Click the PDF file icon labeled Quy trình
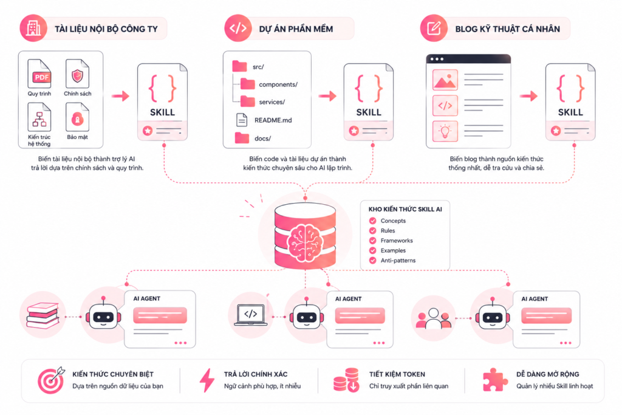pyautogui.click(x=39, y=74)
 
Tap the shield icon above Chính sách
pyautogui.click(x=77, y=75)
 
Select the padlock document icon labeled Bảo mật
pyautogui.click(x=77, y=117)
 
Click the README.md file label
pyautogui.click(x=273, y=120)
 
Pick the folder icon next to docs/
pyautogui.click(x=242, y=138)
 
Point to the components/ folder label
pyautogui.click(x=278, y=84)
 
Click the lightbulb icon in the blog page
pyautogui.click(x=445, y=131)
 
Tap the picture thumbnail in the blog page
pyautogui.click(x=445, y=80)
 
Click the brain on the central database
pyautogui.click(x=305, y=242)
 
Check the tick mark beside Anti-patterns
pyautogui.click(x=372, y=260)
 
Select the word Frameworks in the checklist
pyautogui.click(x=397, y=241)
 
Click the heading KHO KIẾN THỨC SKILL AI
pyautogui.click(x=405, y=209)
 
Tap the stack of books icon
pyautogui.click(x=43, y=315)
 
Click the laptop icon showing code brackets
pyautogui.click(x=251, y=315)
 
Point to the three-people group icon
pyautogui.click(x=433, y=318)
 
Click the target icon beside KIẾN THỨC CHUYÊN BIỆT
pyautogui.click(x=51, y=380)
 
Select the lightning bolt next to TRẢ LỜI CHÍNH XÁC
pyautogui.click(x=207, y=380)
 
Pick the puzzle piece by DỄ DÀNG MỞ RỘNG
pyautogui.click(x=494, y=380)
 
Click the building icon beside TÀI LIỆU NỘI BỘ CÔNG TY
pyautogui.click(x=33, y=28)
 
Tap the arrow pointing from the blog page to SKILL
pyautogui.click(x=529, y=96)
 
